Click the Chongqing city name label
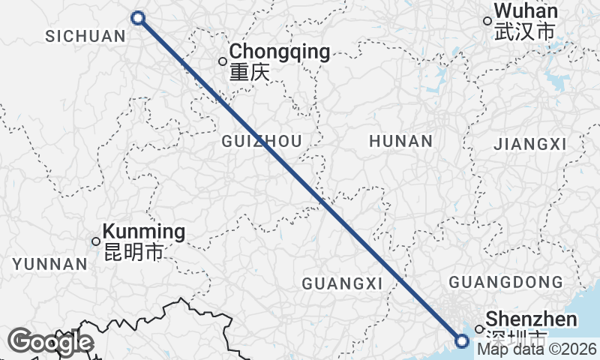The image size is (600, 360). (x=280, y=52)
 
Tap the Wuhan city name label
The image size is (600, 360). (x=526, y=12)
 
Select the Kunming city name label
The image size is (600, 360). (x=143, y=232)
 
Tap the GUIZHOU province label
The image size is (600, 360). (x=262, y=141)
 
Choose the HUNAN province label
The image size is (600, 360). (x=400, y=141)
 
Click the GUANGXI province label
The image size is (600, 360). (x=342, y=283)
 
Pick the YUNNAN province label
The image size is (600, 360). (x=50, y=264)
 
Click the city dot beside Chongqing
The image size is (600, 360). (x=223, y=61)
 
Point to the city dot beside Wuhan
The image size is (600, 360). (x=487, y=22)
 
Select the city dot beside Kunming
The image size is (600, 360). (x=96, y=241)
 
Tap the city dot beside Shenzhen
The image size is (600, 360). (x=478, y=328)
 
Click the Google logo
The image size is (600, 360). (x=51, y=342)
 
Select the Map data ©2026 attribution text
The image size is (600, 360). (x=537, y=349)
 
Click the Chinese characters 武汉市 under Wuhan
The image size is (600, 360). (x=524, y=32)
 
